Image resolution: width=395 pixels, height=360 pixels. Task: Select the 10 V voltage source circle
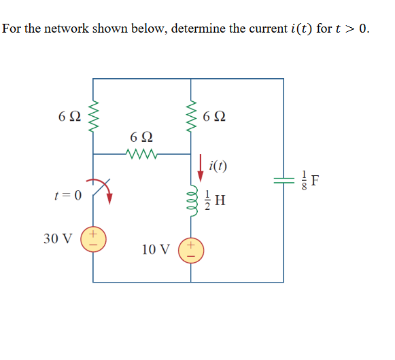click(190, 249)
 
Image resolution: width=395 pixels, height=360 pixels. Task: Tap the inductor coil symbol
click(191, 200)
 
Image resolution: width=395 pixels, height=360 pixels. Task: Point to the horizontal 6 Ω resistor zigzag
click(142, 154)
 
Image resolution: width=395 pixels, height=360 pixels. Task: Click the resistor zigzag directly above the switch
click(93, 116)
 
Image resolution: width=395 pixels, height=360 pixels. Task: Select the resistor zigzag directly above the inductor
click(191, 116)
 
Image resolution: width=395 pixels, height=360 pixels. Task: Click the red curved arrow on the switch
click(103, 190)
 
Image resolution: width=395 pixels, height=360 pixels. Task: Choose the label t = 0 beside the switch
click(67, 195)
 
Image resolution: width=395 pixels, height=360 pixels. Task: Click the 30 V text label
click(59, 239)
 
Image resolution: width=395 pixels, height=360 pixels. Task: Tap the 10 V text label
click(156, 249)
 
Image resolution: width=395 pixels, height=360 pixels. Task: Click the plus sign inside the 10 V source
click(191, 244)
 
